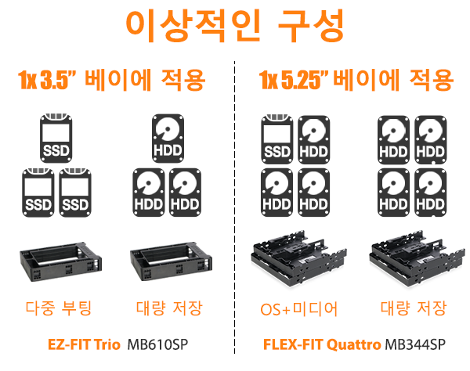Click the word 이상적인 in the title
pyautogui.click(x=193, y=26)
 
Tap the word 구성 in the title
pyautogui.click(x=311, y=26)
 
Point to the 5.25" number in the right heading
pyautogui.click(x=305, y=80)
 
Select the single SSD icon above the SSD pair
pyautogui.click(x=56, y=138)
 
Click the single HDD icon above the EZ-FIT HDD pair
pyautogui.click(x=168, y=138)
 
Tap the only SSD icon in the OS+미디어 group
pyautogui.click(x=277, y=139)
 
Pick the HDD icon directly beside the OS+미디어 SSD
pyautogui.click(x=314, y=139)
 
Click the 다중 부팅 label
pyautogui.click(x=59, y=308)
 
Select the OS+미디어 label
pyautogui.click(x=299, y=309)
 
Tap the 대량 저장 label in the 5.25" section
pyautogui.click(x=414, y=308)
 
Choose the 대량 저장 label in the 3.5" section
pyautogui.click(x=169, y=308)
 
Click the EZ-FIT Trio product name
pyautogui.click(x=84, y=344)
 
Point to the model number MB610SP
pyautogui.click(x=157, y=344)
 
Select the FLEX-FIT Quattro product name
pyautogui.click(x=322, y=344)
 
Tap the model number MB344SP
pyautogui.click(x=415, y=344)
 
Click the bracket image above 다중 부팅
pyautogui.click(x=61, y=261)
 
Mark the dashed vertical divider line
pyautogui.click(x=235, y=207)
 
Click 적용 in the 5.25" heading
pyautogui.click(x=431, y=80)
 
